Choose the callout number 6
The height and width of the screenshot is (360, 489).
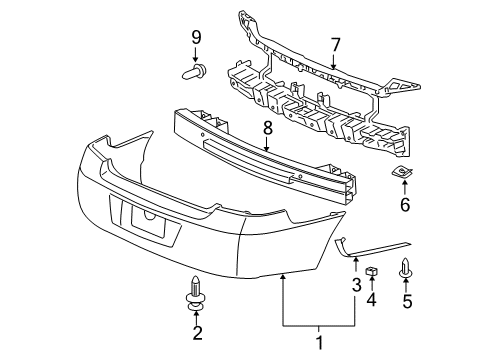click(x=405, y=204)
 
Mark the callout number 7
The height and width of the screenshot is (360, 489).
click(x=335, y=44)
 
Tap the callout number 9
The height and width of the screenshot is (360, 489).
click(x=196, y=38)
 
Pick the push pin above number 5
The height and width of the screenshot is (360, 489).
click(x=406, y=268)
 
